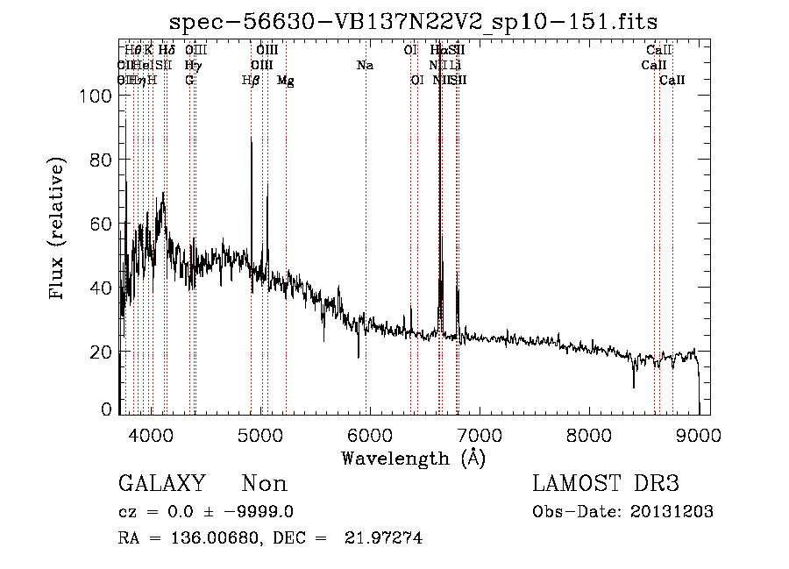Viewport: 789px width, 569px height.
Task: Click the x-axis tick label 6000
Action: click(369, 433)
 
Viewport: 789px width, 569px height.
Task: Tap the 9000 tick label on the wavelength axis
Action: click(698, 433)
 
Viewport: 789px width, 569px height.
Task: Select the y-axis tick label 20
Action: click(103, 352)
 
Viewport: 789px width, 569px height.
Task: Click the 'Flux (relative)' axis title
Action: click(59, 230)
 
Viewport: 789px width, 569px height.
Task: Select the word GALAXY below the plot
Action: click(161, 484)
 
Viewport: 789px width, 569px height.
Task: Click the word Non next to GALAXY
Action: click(264, 484)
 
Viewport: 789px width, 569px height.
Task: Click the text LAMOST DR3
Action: click(606, 484)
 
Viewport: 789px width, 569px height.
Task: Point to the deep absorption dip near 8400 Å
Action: click(634, 387)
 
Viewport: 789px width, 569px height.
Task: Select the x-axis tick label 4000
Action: click(151, 433)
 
